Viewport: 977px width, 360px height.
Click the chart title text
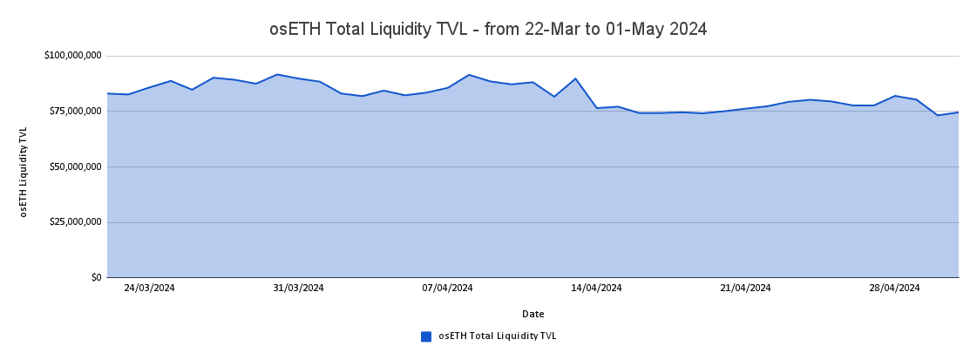click(x=488, y=29)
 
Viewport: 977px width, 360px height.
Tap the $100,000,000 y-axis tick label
click(x=73, y=56)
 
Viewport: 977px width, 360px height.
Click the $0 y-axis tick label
click(x=96, y=277)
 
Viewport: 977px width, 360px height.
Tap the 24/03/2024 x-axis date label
click(x=149, y=288)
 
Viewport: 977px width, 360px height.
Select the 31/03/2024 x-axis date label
click(x=298, y=288)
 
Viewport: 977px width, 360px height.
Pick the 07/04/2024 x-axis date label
click(x=447, y=288)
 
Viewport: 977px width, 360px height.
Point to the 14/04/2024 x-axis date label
click(x=596, y=288)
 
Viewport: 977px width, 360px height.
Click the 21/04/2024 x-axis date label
click(x=745, y=288)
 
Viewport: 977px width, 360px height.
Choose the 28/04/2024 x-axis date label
click(x=894, y=288)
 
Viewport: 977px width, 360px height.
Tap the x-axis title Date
click(x=533, y=314)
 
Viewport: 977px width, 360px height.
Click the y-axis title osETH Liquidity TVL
click(x=24, y=172)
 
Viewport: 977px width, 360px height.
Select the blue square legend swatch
click(x=426, y=336)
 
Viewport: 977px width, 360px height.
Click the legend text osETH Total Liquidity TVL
click(x=497, y=336)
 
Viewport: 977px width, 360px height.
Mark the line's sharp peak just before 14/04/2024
click(x=575, y=78)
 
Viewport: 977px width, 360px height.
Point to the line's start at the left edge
click(x=107, y=93)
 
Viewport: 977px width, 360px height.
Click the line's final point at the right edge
click(x=959, y=112)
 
